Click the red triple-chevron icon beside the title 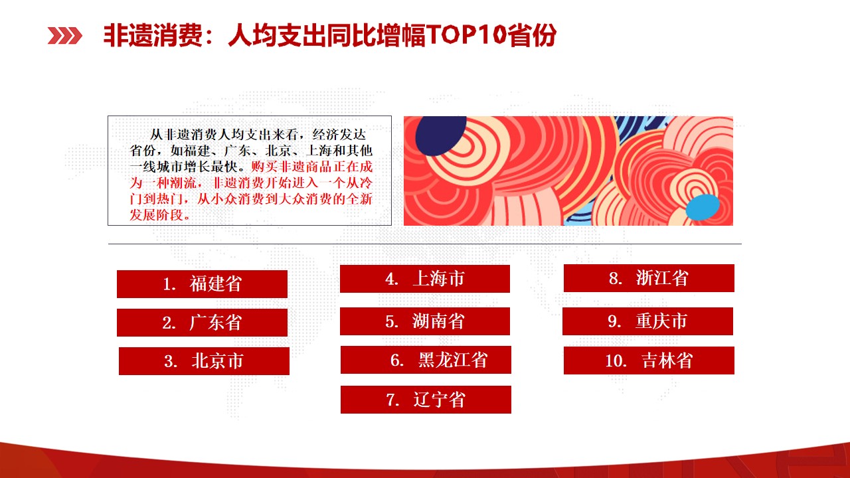(x=64, y=36)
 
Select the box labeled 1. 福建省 (x=202, y=284)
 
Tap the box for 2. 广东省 (x=202, y=323)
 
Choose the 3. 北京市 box (x=204, y=361)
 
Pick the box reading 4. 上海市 (x=424, y=279)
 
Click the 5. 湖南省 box (x=424, y=321)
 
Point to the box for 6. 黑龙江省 (x=426, y=360)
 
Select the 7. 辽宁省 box (x=426, y=400)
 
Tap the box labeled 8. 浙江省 (x=649, y=278)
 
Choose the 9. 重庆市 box (x=647, y=321)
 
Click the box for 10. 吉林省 (x=649, y=360)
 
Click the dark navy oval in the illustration (x=440, y=135)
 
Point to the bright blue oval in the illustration (x=703, y=207)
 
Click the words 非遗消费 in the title (x=153, y=35)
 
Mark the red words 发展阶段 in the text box (x=156, y=215)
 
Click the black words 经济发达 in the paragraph (x=339, y=135)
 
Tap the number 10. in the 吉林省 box (x=616, y=360)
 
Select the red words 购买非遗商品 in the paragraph (x=292, y=167)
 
